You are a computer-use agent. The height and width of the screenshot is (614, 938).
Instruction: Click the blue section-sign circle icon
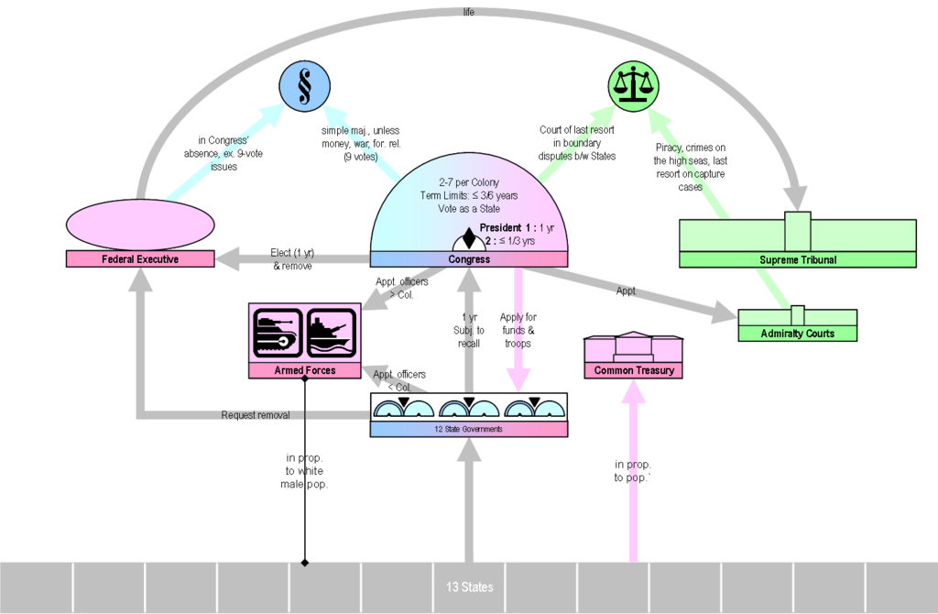(304, 88)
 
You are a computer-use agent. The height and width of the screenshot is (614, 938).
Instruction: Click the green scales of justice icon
(634, 88)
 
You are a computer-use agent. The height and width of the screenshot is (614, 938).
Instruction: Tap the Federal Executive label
(140, 259)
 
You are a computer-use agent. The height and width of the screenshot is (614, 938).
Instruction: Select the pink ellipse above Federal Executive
(140, 225)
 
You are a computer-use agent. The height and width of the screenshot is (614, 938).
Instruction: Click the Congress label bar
(468, 259)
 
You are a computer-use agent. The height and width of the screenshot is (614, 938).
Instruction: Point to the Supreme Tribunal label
(797, 259)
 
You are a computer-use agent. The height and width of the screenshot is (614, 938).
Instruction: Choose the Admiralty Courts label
(797, 334)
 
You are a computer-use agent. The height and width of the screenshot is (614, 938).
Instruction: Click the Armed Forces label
(305, 370)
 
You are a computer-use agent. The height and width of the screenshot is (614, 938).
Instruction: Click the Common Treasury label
(634, 370)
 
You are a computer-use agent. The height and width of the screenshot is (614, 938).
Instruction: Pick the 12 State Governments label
(468, 429)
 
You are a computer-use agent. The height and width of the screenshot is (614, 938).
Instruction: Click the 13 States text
(469, 587)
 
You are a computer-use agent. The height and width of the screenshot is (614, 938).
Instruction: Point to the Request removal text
(256, 415)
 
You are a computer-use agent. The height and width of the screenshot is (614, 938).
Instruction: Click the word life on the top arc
(469, 13)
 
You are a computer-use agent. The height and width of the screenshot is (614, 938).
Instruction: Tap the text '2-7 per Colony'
(468, 182)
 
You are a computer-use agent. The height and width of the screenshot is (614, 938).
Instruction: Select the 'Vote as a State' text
(468, 208)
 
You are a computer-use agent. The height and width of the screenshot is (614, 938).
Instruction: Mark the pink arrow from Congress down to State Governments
(519, 330)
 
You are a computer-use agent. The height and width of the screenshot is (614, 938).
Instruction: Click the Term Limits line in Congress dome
(468, 195)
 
